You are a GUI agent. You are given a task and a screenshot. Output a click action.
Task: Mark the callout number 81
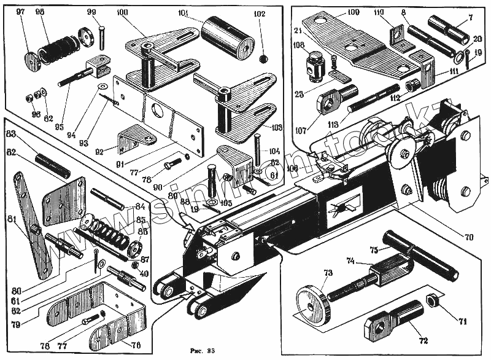12,219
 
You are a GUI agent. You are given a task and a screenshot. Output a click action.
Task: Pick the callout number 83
10,135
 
